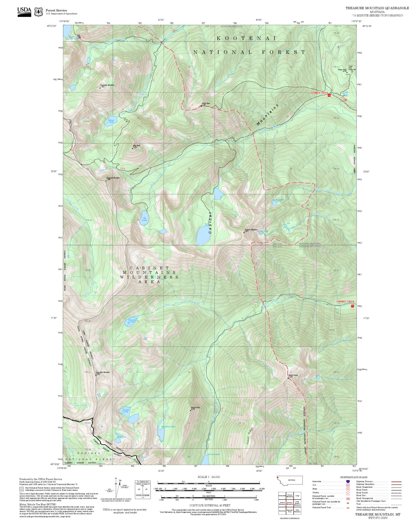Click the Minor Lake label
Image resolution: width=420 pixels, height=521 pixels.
111,121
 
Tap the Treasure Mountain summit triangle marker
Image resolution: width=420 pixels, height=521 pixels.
244,232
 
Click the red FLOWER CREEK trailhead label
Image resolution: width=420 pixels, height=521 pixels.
319,93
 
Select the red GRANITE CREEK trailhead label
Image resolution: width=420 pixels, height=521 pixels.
345,301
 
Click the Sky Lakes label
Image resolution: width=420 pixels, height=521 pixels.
144,219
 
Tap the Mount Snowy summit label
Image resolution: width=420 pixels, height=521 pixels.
293,376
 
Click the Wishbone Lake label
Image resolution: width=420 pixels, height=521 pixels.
168,427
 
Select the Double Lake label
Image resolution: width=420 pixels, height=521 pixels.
126,411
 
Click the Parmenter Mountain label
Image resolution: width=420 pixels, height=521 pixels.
107,85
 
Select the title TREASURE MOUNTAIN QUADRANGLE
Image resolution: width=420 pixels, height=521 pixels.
377,8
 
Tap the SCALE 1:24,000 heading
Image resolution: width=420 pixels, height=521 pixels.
208,477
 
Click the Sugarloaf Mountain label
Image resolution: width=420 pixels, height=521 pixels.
113,178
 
